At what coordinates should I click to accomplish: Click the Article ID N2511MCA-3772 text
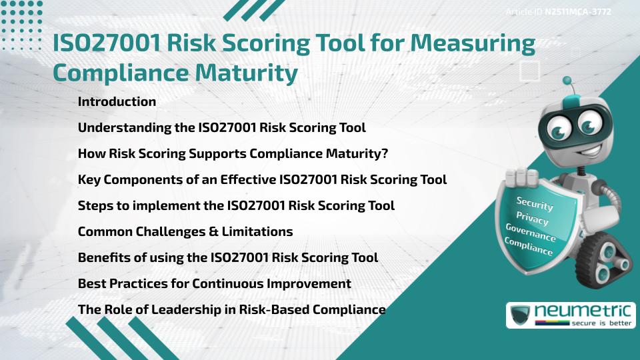pyautogui.click(x=558, y=11)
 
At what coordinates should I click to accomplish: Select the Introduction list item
pyautogui.click(x=117, y=102)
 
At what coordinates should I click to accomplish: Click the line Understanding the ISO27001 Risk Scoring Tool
pyautogui.click(x=221, y=127)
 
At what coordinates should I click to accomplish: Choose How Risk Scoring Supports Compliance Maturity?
pyautogui.click(x=233, y=153)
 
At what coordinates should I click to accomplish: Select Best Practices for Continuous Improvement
pyautogui.click(x=214, y=283)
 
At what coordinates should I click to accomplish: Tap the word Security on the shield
pyautogui.click(x=534, y=204)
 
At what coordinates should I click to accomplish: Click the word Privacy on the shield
pyautogui.click(x=532, y=219)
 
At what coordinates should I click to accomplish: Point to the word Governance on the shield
pyautogui.click(x=531, y=233)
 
